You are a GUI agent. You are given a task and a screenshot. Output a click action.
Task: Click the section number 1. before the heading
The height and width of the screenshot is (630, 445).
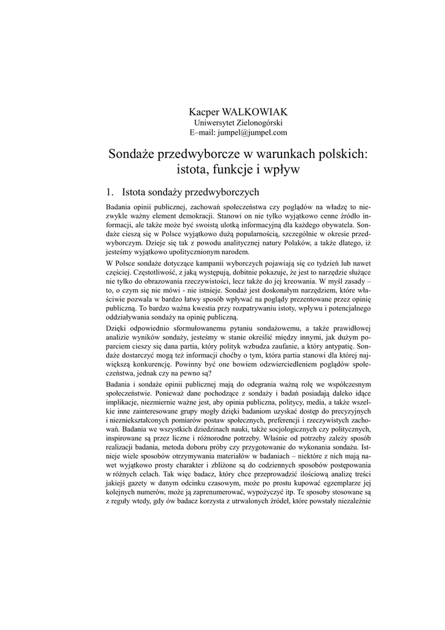[x=111, y=192]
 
